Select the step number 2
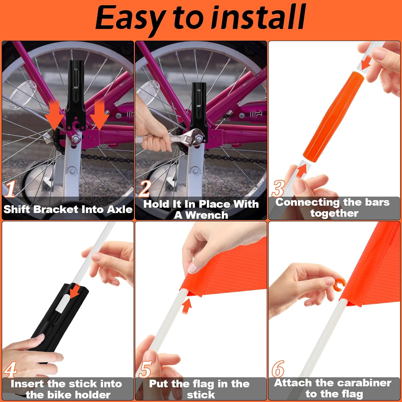[145, 189]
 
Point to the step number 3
[278, 188]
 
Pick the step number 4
[10, 370]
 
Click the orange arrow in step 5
[187, 306]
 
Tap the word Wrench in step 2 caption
[207, 215]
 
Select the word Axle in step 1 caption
[120, 209]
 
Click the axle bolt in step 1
[76, 138]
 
